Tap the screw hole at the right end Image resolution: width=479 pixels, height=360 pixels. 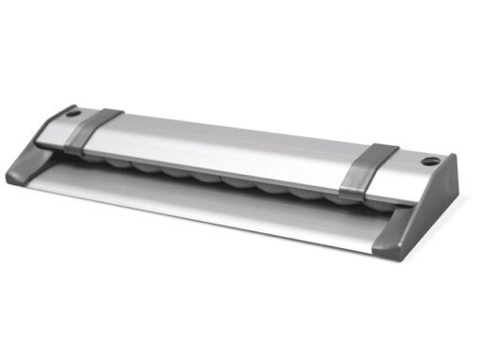[x=431, y=161]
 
